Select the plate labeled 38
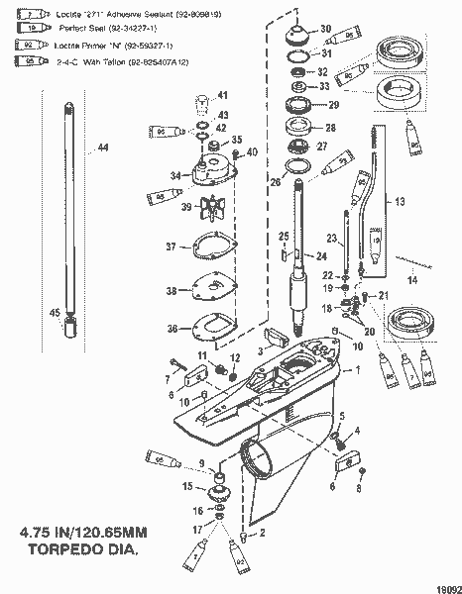click(211, 289)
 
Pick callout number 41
click(223, 95)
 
